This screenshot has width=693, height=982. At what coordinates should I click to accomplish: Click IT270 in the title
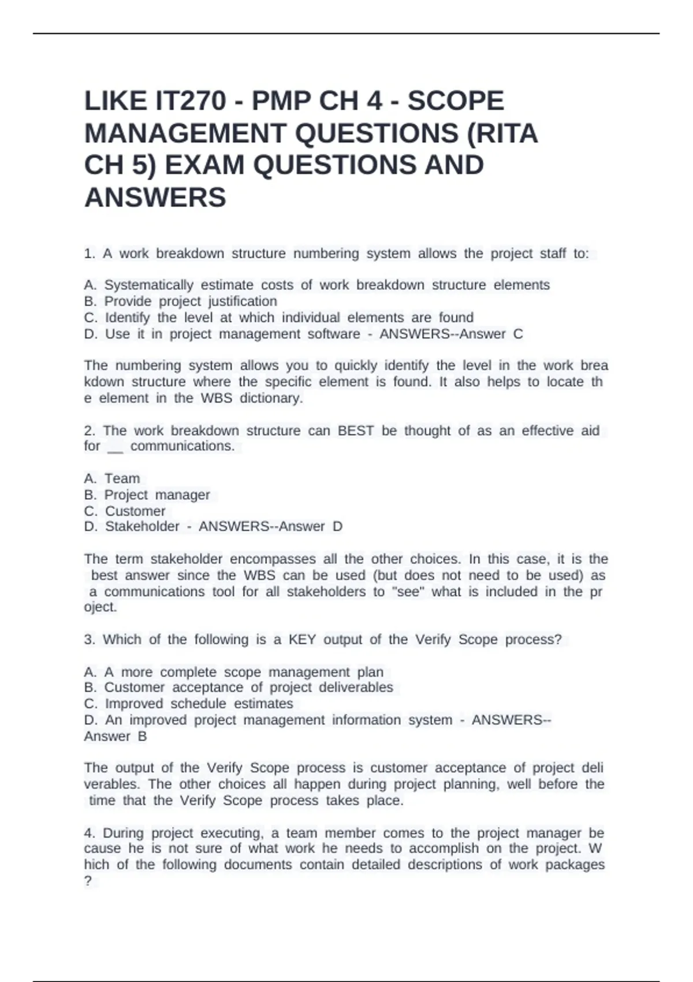click(x=191, y=101)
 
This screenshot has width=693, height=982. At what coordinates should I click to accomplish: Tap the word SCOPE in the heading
click(x=456, y=101)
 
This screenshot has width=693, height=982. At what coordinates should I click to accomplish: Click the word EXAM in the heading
click(x=205, y=165)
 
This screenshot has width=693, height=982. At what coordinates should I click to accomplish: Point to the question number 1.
click(x=89, y=254)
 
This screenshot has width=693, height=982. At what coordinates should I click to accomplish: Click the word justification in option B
click(x=243, y=302)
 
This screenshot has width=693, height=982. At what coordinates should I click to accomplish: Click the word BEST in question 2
click(x=355, y=431)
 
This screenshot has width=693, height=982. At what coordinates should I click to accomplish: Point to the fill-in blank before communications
click(x=115, y=447)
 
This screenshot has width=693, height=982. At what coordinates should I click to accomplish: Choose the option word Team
click(x=122, y=479)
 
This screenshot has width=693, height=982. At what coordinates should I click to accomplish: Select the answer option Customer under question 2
click(x=135, y=511)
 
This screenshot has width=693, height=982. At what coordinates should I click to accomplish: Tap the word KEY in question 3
click(x=302, y=639)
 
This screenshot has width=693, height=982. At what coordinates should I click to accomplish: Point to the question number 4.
click(x=89, y=833)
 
